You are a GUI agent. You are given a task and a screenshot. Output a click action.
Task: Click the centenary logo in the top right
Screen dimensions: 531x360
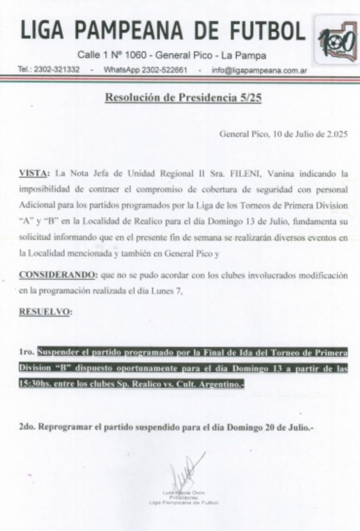click(337, 39)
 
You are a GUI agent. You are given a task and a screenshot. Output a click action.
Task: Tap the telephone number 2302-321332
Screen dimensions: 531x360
click(57, 69)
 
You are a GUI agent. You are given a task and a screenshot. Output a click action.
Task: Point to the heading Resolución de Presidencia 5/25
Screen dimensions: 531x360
click(183, 98)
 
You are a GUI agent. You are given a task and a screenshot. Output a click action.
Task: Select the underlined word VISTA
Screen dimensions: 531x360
click(33, 172)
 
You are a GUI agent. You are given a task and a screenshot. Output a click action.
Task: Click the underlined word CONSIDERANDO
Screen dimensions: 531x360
click(56, 275)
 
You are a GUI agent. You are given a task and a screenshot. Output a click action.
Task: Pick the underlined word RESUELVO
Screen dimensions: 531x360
click(45, 312)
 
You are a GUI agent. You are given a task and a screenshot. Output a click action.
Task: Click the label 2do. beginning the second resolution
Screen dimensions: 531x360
click(27, 428)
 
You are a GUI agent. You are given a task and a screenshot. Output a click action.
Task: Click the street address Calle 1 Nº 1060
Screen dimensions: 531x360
click(114, 55)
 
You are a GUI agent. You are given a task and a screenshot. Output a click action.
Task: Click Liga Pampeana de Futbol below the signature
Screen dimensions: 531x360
click(183, 502)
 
